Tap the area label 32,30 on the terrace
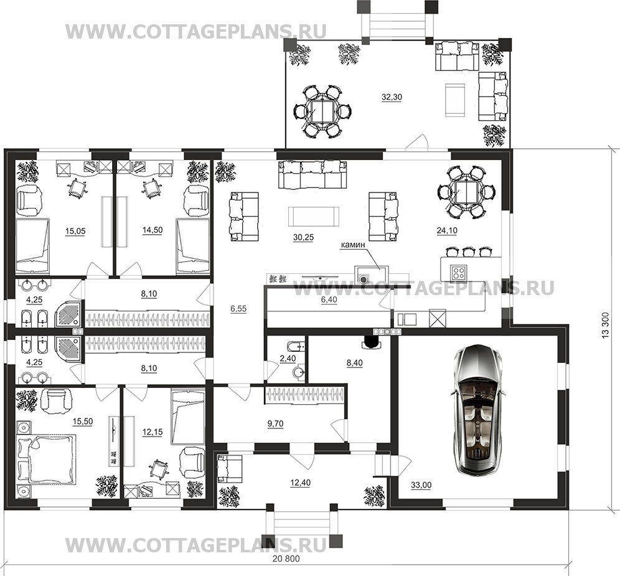[x=392, y=97]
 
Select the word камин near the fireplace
[x=353, y=245]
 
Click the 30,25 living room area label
[x=303, y=237]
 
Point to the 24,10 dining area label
[x=447, y=230]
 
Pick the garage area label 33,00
[x=421, y=485]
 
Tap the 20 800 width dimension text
[x=286, y=559]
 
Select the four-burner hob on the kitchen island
[x=459, y=271]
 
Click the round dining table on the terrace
[x=322, y=111]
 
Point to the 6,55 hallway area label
[x=238, y=309]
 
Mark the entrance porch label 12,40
[x=300, y=483]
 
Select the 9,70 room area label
[x=276, y=423]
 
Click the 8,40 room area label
[x=355, y=363]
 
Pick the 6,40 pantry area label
[x=329, y=300]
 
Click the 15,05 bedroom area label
[x=75, y=231]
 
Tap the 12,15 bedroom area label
[x=153, y=432]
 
